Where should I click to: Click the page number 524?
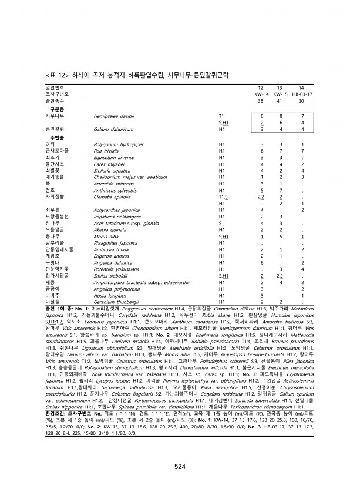[180, 450]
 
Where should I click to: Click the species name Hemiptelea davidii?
[114, 117]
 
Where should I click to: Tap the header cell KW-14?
[261, 94]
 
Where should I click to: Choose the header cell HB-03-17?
[302, 94]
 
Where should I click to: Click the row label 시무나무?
[55, 117]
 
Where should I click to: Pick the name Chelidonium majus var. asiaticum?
[130, 177]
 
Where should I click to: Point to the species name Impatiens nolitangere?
[117, 216]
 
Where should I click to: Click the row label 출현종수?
[56, 100]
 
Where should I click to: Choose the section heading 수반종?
[56, 137]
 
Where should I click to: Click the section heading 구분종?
[56, 109]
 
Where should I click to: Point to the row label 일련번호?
[56, 87]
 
